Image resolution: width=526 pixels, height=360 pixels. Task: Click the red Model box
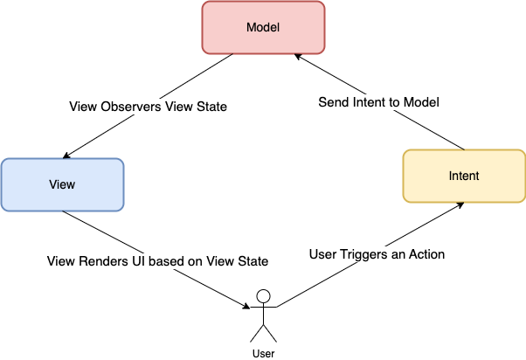(263, 27)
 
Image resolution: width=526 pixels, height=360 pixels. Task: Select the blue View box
(63, 184)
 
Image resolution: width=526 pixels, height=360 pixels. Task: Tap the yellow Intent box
(463, 176)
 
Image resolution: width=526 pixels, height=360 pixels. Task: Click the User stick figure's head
(263, 295)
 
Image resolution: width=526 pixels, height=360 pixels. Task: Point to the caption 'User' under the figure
(263, 354)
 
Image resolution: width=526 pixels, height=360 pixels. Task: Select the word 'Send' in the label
(332, 102)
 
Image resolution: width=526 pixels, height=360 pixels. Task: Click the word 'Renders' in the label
(107, 260)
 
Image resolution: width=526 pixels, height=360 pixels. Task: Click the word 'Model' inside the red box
(263, 27)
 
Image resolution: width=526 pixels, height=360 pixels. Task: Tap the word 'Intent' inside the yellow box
(463, 176)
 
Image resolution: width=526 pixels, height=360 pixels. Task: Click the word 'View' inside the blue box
(63, 184)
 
